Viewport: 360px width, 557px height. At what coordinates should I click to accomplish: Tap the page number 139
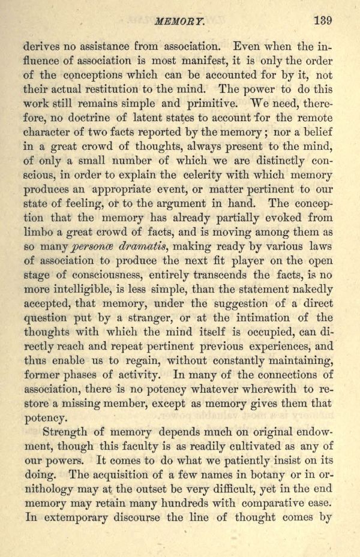point(322,19)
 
